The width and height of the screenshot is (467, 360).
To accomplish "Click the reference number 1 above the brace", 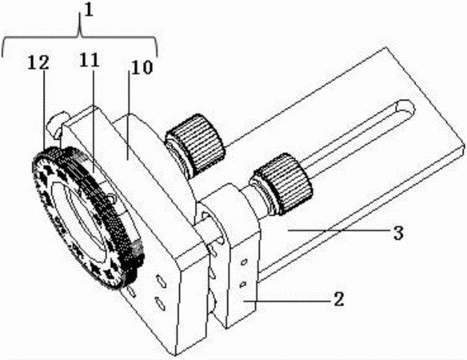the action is click(x=89, y=10).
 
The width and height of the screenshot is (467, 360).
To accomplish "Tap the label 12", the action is click(x=38, y=63).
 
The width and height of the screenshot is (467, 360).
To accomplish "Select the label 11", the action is click(x=89, y=60).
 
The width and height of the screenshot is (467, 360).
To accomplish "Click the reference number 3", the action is click(x=398, y=233).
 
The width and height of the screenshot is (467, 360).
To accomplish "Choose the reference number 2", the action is click(x=338, y=299).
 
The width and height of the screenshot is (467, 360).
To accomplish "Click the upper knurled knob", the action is click(x=195, y=144).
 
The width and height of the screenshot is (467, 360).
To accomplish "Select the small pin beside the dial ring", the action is click(x=58, y=122).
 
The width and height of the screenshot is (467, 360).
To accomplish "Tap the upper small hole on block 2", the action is click(x=244, y=262).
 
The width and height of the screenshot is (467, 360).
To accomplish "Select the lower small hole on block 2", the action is click(x=243, y=284).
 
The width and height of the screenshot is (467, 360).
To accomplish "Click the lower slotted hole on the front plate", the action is click(x=160, y=302).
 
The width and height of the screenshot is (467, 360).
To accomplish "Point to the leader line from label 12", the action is click(x=44, y=110).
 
